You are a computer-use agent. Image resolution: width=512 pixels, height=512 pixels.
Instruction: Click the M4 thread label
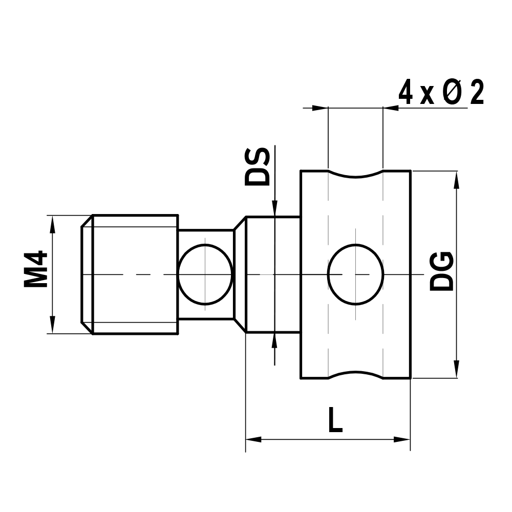coord(36,269)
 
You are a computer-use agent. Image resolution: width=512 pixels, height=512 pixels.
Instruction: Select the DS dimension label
coord(257,166)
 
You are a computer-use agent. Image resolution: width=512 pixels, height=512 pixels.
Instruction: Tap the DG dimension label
coord(441,271)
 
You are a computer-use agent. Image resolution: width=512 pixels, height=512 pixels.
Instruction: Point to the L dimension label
coord(335,421)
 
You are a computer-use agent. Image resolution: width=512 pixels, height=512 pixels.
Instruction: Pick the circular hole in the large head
coord(356,274)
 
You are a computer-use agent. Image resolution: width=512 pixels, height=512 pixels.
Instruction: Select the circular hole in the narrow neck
coord(205,274)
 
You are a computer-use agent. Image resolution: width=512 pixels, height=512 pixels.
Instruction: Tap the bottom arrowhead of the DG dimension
coord(456,370)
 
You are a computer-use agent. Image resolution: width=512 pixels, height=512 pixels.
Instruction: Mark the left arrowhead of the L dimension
coord(254,439)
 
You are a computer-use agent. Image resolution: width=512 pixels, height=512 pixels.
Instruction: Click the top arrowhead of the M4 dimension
coord(51,223)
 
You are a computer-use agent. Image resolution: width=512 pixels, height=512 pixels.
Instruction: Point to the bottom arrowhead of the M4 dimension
coord(51,326)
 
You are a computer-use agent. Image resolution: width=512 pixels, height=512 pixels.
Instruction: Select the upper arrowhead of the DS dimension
coord(275,208)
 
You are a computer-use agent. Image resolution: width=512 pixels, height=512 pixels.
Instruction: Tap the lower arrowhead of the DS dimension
coord(275,341)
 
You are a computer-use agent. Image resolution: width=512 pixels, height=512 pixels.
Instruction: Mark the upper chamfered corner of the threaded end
coord(87,221)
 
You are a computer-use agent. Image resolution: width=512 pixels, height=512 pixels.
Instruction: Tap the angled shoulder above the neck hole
coord(240,223)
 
